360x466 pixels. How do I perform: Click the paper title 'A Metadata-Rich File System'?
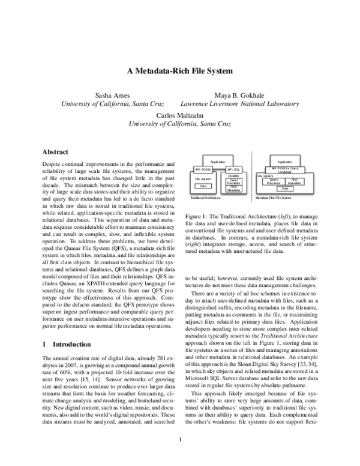pos(179,70)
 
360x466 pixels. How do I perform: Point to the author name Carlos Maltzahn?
pos(180,115)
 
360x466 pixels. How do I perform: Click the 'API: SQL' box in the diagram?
pos(233,169)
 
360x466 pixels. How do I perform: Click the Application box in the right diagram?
pos(286,162)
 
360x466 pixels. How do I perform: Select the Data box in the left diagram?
pos(203,187)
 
